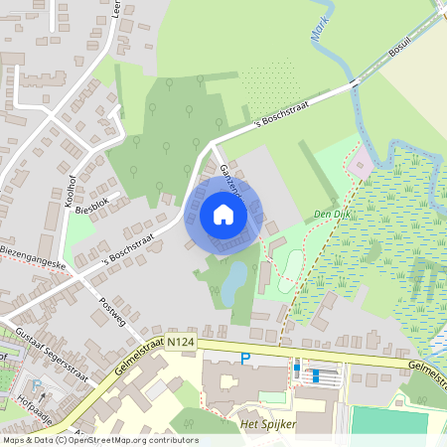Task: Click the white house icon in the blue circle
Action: coord(223,215)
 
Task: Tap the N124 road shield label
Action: coord(180,341)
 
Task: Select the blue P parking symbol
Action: coord(244,359)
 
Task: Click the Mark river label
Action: coord(320,36)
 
